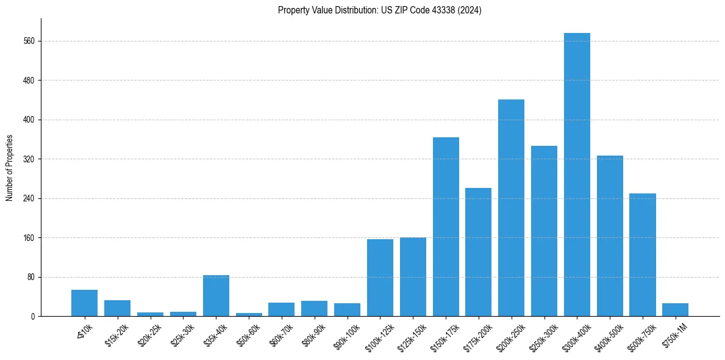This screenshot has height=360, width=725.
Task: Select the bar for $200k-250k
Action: click(x=511, y=207)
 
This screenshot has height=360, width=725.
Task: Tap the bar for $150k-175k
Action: click(x=446, y=226)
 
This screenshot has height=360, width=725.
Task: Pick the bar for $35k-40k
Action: click(x=216, y=296)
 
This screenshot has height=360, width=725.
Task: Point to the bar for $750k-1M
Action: click(x=675, y=310)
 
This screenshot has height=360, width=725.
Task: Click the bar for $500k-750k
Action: click(x=642, y=254)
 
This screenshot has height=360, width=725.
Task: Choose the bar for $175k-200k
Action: click(x=478, y=252)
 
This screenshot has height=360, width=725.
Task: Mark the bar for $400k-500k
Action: click(x=610, y=236)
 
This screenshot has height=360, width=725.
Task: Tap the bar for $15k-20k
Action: click(x=117, y=308)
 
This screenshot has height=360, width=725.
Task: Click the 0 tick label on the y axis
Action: click(x=34, y=317)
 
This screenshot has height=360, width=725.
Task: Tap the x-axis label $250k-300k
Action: click(x=541, y=335)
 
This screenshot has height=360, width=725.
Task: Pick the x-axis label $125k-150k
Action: click(x=410, y=335)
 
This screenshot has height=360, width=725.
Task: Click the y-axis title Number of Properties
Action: click(x=10, y=168)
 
